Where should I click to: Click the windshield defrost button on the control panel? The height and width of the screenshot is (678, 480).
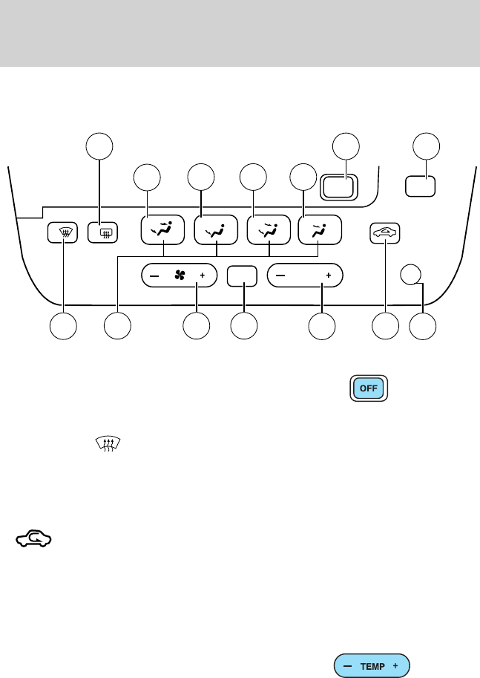coord(63,232)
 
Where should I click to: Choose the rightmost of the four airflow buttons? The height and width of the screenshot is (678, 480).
coord(320,230)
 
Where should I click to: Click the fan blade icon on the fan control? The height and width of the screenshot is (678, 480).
coord(179,274)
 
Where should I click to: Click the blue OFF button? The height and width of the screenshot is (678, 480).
coord(365,390)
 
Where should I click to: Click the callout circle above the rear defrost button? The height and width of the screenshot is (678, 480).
coord(99,146)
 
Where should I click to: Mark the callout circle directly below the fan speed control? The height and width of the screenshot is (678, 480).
coord(196,325)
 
